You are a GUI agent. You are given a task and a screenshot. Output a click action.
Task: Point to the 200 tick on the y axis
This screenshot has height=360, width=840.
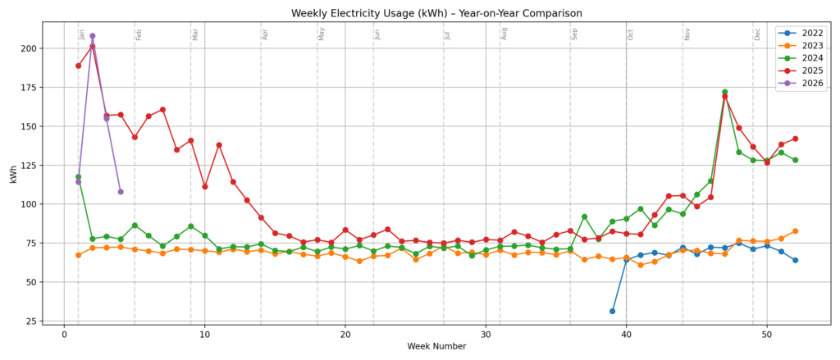coord(29,48)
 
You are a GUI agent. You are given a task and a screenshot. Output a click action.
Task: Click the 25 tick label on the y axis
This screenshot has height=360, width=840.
coord(31,320)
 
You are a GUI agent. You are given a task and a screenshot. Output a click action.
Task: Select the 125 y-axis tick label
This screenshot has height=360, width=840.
coord(29,165)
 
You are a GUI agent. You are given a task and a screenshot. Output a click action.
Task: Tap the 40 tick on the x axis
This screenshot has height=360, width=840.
coord(627,335)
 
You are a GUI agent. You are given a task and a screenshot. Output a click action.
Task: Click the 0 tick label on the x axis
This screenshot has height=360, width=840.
coord(64,335)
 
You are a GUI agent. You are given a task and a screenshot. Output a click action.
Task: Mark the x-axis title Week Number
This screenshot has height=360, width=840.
coord(436,347)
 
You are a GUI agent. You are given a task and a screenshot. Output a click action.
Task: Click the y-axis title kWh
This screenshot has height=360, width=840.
coord(14,172)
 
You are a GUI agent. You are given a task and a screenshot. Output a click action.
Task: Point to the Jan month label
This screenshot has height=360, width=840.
coord(83,34)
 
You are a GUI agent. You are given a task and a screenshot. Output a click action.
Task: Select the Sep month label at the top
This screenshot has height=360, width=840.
coord(575,34)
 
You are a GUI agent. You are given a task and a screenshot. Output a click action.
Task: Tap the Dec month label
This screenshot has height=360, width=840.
coord(758,34)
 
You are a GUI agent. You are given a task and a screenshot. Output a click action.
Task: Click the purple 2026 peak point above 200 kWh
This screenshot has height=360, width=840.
coord(92,36)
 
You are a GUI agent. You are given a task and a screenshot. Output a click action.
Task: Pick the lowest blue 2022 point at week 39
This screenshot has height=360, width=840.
coord(612,311)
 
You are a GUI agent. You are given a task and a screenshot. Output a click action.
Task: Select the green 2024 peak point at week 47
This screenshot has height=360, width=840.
coord(724,92)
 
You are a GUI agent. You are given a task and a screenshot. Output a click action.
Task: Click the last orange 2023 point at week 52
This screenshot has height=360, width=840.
coord(795,231)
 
